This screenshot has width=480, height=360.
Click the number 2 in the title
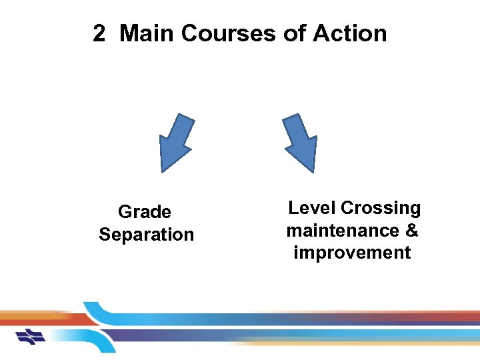coord(99,33)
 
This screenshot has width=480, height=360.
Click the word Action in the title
coord(350,33)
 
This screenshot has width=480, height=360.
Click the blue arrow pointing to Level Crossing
coord(301,142)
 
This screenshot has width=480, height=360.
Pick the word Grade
coord(145,212)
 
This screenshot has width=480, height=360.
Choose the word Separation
coord(146,235)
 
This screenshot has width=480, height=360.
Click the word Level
coord(312,208)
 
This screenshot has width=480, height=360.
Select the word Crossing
coord(381,208)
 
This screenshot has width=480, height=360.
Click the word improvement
coord(352,253)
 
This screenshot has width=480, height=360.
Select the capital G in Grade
coord(125,212)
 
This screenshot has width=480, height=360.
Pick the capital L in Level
coord(293,208)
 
